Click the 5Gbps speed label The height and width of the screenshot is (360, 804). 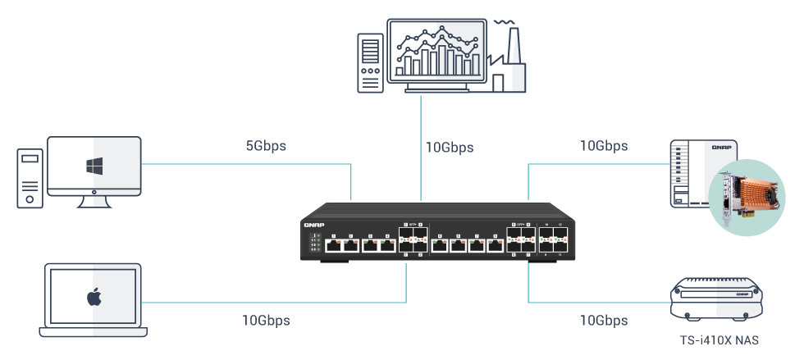click(x=266, y=147)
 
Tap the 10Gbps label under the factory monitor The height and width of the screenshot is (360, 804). click(x=449, y=148)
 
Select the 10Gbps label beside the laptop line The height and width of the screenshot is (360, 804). click(x=266, y=320)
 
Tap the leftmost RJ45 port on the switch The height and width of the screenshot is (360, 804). click(x=333, y=244)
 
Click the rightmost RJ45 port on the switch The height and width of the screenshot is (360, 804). click(x=495, y=244)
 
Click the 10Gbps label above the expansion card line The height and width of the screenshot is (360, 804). click(x=603, y=146)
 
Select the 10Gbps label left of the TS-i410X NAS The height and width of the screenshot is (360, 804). click(x=603, y=320)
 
